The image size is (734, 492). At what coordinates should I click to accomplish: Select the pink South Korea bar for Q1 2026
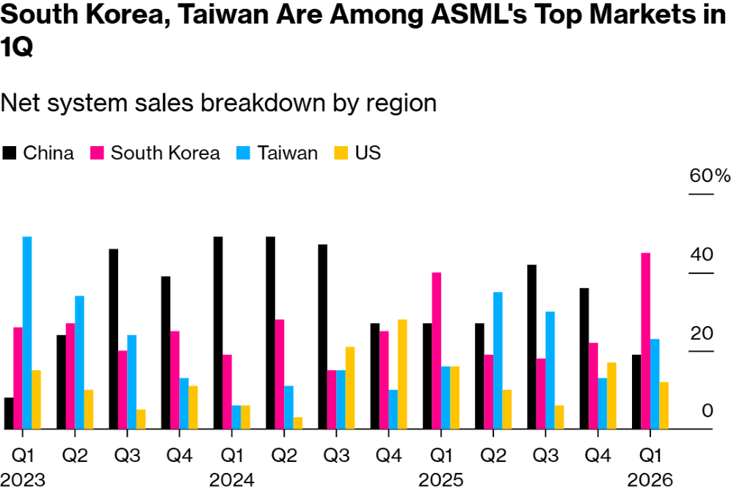point(645,341)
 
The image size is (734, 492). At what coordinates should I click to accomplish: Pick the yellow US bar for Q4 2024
point(402,374)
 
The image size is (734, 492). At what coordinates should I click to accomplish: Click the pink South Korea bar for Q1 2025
point(436,350)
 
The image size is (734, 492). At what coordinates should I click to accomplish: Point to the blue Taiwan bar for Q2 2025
point(498,360)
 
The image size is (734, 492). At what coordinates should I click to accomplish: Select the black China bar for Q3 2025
point(531,347)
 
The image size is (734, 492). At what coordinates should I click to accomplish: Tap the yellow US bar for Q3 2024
point(350,388)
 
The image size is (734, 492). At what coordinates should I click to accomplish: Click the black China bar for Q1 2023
point(9,413)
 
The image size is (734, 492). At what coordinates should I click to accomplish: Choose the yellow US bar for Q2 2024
point(298,423)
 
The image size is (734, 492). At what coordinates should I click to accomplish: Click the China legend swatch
point(10,153)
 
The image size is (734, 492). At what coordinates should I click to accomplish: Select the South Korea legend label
point(165,153)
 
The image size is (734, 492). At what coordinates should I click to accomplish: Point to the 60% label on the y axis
point(710,176)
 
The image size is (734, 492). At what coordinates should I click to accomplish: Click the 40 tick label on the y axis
point(702,255)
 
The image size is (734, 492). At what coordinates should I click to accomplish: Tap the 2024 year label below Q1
point(231,480)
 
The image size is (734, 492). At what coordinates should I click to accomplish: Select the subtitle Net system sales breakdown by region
point(219,102)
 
